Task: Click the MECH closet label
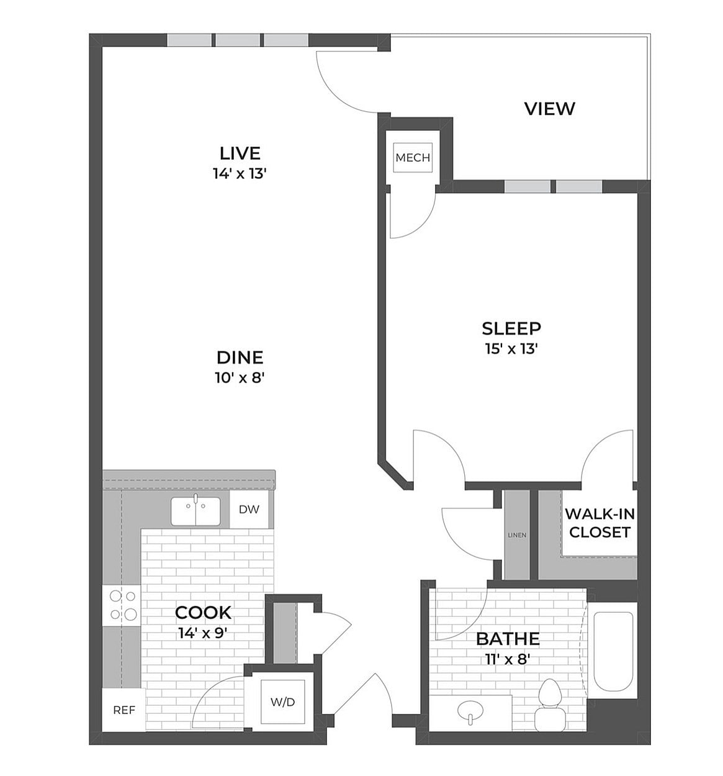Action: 413,158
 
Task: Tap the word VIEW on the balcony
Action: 549,109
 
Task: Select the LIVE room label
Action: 240,153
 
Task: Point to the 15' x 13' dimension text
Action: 511,349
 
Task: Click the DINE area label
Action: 240,358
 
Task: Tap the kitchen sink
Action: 195,512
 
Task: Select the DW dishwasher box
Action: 249,510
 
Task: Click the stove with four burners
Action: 122,605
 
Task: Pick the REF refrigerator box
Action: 123,710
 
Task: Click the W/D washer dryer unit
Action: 282,702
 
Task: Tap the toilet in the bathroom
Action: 550,705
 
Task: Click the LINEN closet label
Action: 516,535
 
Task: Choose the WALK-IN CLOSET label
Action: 600,523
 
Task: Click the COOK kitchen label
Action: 203,613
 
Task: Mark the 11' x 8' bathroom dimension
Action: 507,659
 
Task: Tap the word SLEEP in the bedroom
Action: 511,328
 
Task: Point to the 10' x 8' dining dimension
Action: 240,377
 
